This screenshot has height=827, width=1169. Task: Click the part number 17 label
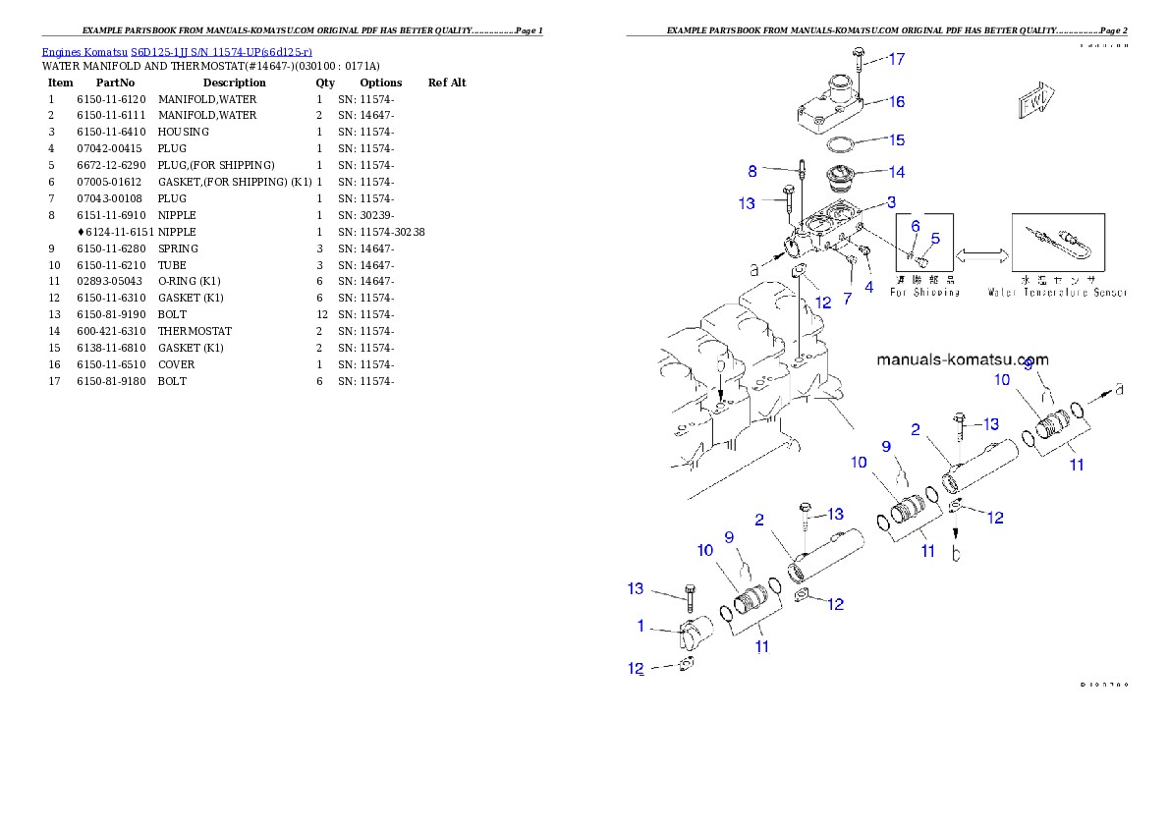(897, 59)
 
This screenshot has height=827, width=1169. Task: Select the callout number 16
(897, 101)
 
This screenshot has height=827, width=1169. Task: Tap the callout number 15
(897, 140)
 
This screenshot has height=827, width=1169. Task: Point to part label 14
(897, 172)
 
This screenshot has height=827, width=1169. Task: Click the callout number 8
(752, 171)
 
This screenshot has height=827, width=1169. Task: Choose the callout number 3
(891, 202)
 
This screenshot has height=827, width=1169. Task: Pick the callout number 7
(847, 297)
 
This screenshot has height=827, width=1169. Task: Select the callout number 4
(868, 288)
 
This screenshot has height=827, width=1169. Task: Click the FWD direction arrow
(1034, 99)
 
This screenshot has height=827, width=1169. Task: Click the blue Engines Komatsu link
(177, 51)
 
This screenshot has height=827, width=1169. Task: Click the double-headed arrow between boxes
(982, 255)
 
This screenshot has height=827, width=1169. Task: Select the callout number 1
(640, 626)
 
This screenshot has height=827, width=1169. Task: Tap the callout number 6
(915, 226)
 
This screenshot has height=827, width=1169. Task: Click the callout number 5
(935, 238)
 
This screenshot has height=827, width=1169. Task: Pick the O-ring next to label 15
(838, 145)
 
